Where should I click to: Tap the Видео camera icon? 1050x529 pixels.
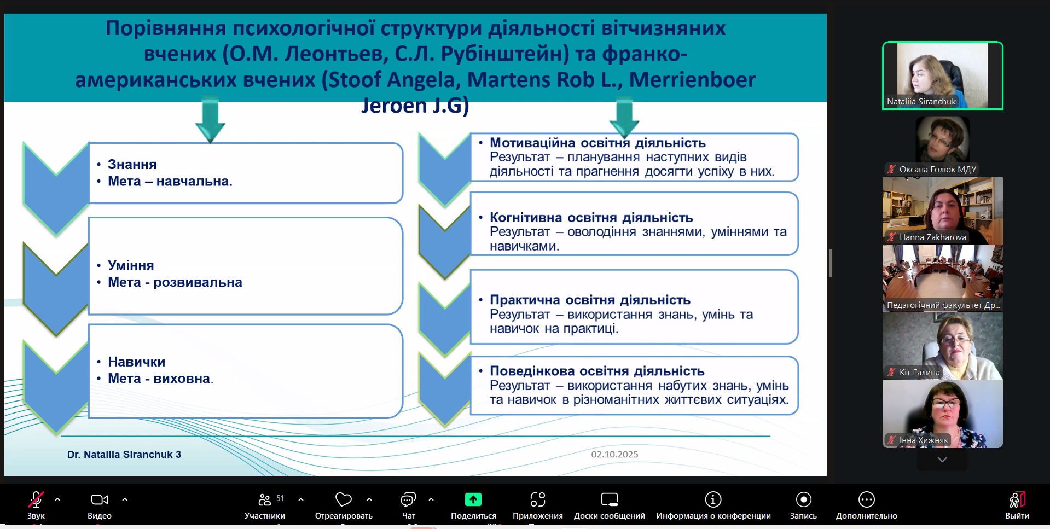point(100,499)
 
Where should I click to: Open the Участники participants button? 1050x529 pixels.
point(265,499)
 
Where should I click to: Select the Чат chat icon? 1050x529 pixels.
point(409,499)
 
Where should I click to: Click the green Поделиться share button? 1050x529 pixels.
point(473,499)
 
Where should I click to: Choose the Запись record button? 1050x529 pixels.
point(803,499)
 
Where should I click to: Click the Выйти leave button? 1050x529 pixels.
point(1017,499)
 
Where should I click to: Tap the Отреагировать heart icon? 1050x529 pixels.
point(344,499)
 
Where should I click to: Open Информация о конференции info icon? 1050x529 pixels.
point(713,499)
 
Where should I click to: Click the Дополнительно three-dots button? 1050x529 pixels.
point(867,499)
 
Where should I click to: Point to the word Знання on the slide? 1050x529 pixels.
point(132,165)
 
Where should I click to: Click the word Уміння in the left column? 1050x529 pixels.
point(131,265)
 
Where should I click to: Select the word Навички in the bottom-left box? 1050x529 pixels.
point(136,362)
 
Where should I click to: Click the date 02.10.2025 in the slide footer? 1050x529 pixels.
point(614,454)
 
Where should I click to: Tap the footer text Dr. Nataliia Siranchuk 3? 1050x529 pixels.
point(124,455)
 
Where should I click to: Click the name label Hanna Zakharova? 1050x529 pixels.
point(932,237)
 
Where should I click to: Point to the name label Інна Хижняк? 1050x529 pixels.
point(924,440)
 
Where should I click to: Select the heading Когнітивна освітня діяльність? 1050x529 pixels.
point(591,218)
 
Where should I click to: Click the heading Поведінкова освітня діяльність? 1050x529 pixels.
point(597,371)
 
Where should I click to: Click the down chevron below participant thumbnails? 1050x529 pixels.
point(942,460)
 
